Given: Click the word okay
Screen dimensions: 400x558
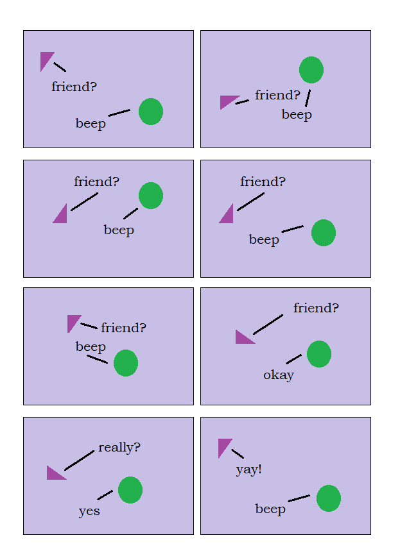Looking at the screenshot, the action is [x=279, y=375].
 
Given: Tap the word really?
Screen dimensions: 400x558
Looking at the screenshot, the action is [x=119, y=447].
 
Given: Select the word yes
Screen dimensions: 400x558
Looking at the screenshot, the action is [x=89, y=511].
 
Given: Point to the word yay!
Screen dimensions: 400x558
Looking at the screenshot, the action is [x=248, y=469].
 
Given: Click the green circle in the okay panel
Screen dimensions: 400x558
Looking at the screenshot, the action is [x=319, y=354].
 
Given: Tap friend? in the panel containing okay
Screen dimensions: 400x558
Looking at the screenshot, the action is [x=316, y=308].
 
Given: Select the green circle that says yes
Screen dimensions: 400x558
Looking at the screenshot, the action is [x=130, y=490].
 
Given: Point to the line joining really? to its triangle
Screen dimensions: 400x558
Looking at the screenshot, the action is [x=80, y=461].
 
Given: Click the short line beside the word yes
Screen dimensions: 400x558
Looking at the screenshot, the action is [x=105, y=495].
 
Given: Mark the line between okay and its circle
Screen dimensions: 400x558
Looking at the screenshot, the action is [x=294, y=359].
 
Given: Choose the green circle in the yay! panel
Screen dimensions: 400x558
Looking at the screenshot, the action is [x=328, y=498].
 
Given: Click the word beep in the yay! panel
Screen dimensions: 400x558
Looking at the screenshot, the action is [x=270, y=509].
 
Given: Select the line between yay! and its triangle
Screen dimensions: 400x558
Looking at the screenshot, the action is [x=238, y=453].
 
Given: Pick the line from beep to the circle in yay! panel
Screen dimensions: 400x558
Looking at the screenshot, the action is [x=299, y=498].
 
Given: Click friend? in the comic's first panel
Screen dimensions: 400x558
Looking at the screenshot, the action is [x=74, y=87].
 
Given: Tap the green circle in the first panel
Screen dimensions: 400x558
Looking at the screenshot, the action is [x=151, y=112].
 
